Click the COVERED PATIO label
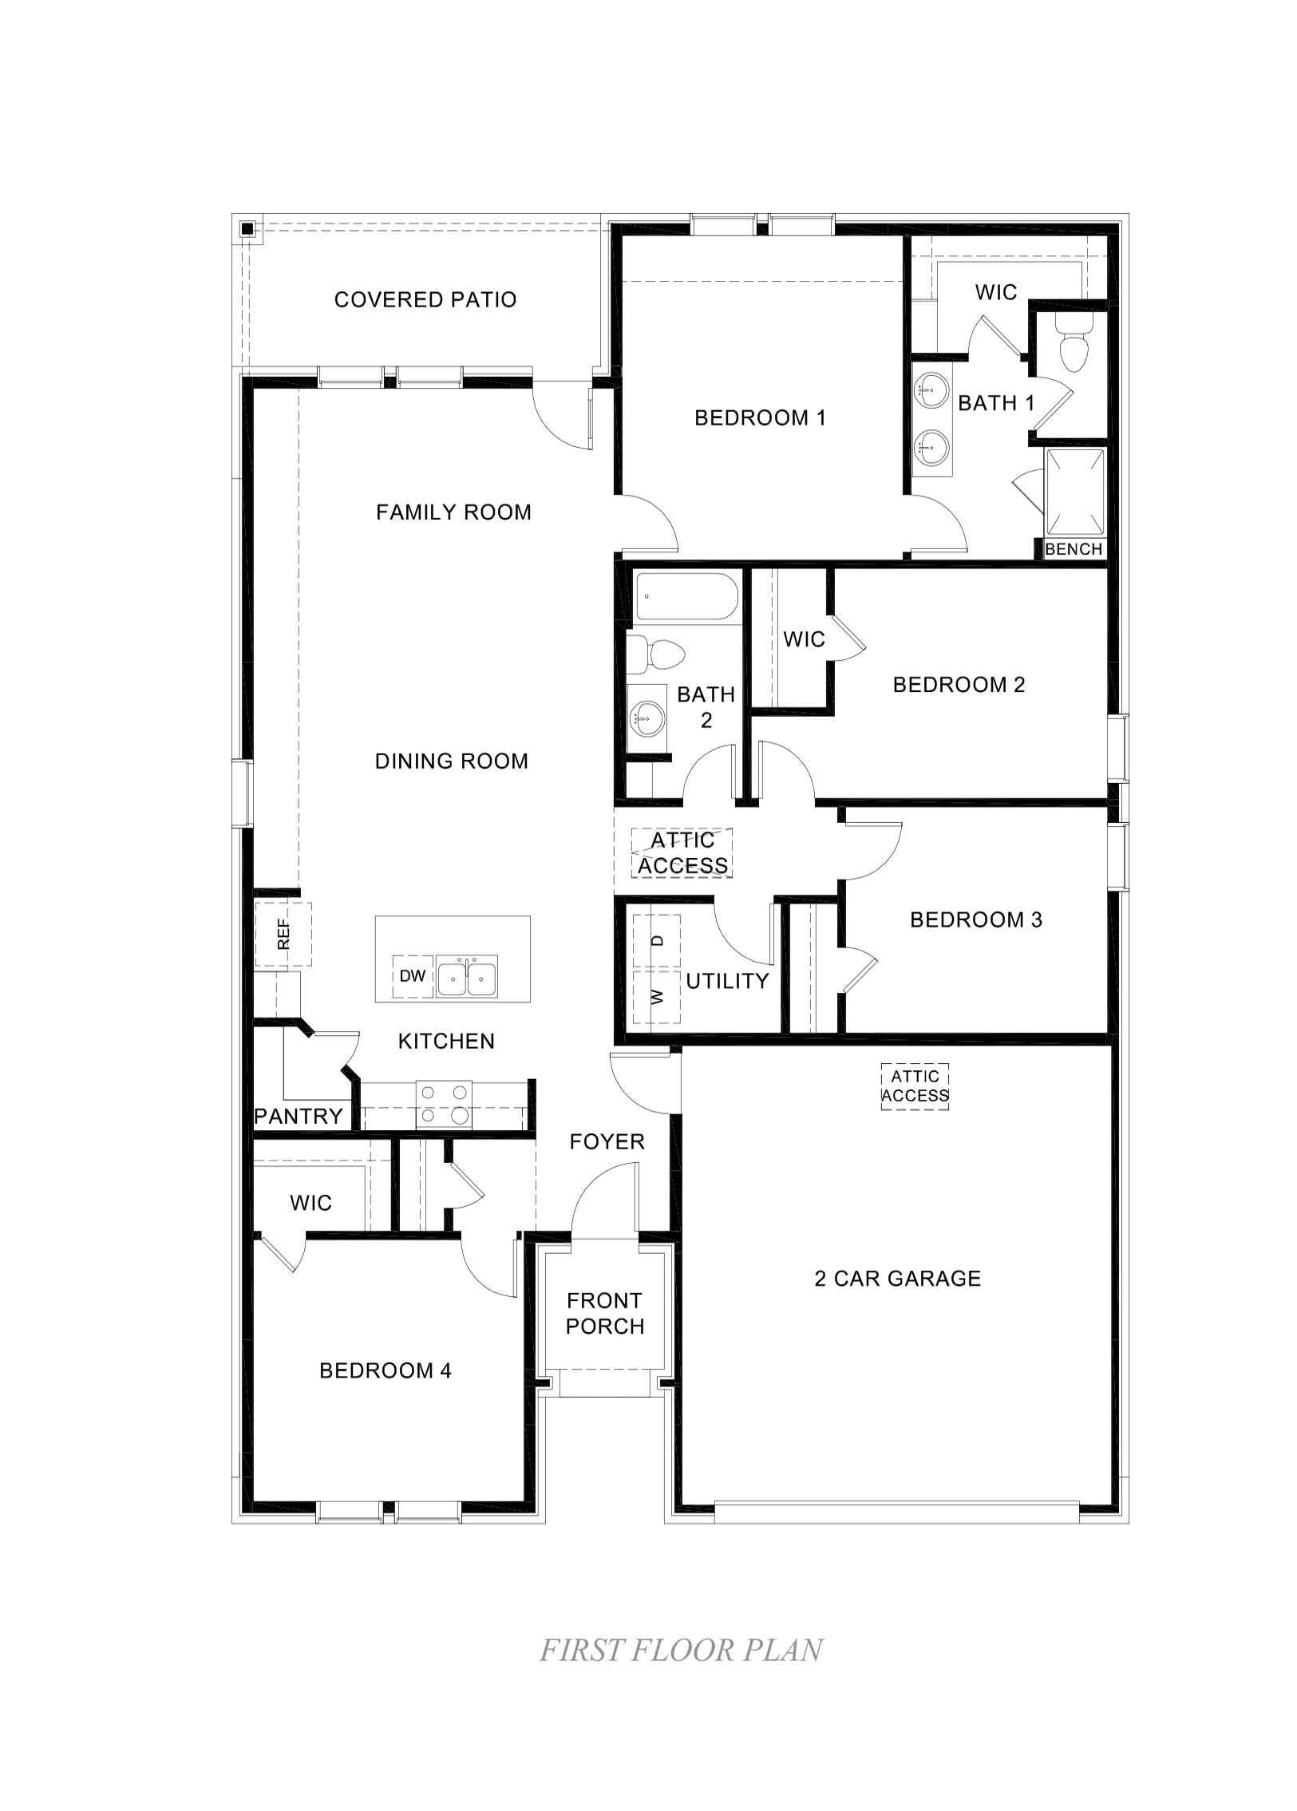425,300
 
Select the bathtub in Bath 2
686,596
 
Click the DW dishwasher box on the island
413,976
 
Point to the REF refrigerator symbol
283,934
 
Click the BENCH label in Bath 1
1074,549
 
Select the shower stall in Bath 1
1075,492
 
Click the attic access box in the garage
915,1087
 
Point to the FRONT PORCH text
604,1314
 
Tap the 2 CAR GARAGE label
898,1279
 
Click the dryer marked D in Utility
658,942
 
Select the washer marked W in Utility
658,997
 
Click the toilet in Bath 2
657,655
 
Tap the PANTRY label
299,1117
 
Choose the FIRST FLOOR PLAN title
682,1651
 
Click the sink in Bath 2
646,718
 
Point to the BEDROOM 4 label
386,1371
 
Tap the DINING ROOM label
451,761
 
